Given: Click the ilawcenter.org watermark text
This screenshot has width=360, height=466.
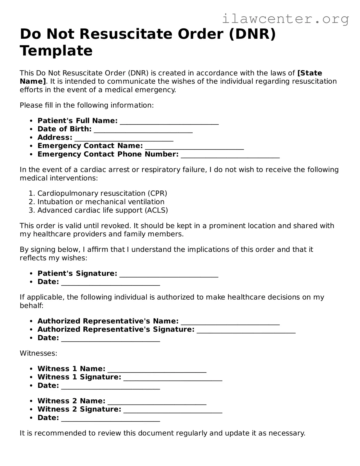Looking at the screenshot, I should pyautogui.click(x=285, y=19).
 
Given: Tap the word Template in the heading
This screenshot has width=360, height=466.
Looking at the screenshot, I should pyautogui.click(x=56, y=51).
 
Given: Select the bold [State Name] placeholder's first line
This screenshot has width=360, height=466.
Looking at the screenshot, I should pyautogui.click(x=310, y=73).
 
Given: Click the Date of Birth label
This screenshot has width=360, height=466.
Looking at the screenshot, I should pyautogui.click(x=64, y=129).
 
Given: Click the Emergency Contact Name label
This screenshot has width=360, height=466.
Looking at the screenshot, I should pyautogui.click(x=90, y=146).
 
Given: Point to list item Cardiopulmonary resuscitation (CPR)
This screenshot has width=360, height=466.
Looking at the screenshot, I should pyautogui.click(x=102, y=193).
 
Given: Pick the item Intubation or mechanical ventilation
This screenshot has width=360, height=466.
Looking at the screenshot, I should pyautogui.click(x=101, y=202).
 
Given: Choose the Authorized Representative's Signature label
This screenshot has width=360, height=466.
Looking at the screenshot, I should pyautogui.click(x=116, y=329).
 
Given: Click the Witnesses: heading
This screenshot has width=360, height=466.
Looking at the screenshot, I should pyautogui.click(x=38, y=353).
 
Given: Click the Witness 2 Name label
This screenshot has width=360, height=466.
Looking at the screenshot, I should pyautogui.click(x=71, y=401).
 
